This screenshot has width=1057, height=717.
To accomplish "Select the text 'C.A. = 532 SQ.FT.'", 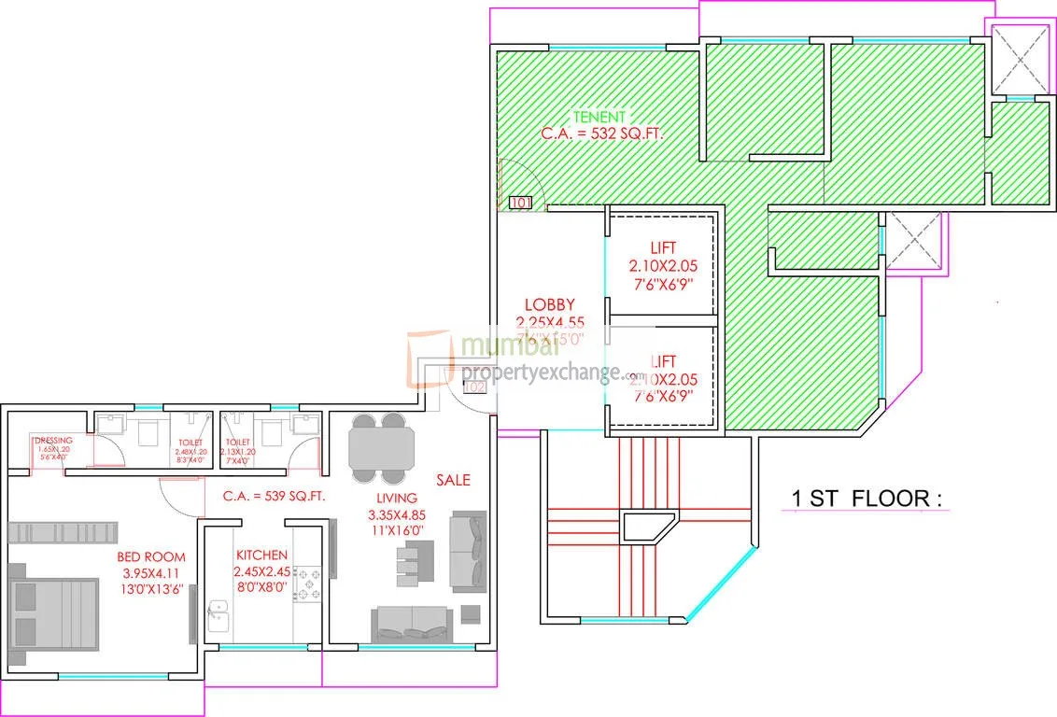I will (x=602, y=134).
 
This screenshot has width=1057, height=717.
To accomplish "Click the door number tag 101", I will (x=519, y=202).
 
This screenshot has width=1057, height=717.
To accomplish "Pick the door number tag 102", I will (x=474, y=387).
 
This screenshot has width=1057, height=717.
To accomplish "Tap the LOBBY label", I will (x=549, y=304).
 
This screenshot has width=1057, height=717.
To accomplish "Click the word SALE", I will (x=453, y=480).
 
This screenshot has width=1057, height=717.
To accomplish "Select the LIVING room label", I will (x=396, y=499).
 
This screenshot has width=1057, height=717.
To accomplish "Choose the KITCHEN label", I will (x=261, y=555).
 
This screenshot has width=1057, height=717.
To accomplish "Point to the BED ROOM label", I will (x=151, y=557).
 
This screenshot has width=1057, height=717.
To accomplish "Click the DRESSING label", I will (x=52, y=441).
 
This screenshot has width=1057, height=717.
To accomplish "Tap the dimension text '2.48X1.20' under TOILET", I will (x=189, y=453).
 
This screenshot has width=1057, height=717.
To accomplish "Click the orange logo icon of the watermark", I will (x=431, y=359).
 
